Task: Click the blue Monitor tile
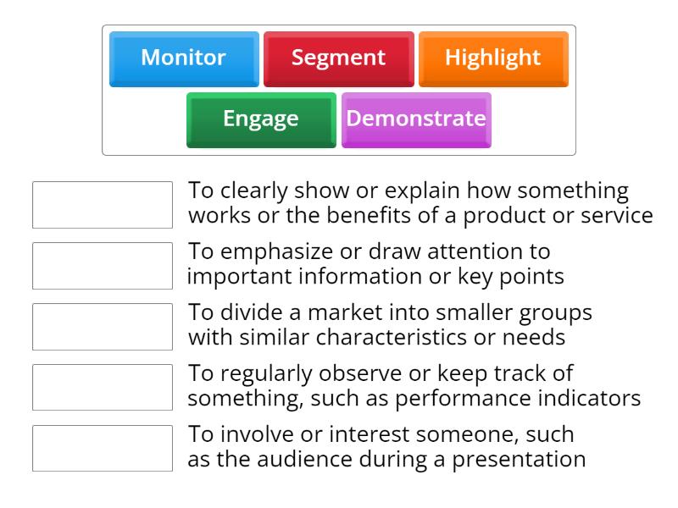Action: click(x=184, y=58)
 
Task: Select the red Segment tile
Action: click(x=338, y=58)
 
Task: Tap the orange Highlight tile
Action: click(x=492, y=58)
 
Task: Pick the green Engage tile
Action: click(x=261, y=119)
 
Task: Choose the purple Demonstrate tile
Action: click(x=416, y=119)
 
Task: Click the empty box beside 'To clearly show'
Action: click(x=102, y=205)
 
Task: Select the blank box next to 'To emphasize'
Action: click(x=102, y=266)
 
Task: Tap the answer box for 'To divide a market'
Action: click(x=102, y=327)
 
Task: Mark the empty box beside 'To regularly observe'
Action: click(x=102, y=388)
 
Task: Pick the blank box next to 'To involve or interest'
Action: click(x=102, y=449)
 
